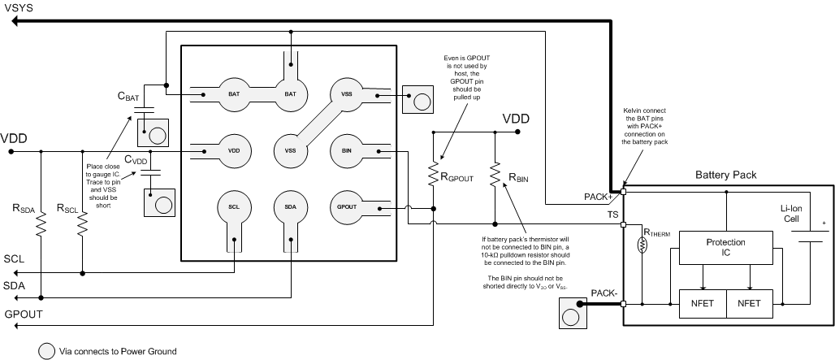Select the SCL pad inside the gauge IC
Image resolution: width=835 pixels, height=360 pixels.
point(233,207)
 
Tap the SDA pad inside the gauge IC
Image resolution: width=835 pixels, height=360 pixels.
point(290,207)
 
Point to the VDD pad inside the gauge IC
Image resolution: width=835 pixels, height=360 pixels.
point(233,150)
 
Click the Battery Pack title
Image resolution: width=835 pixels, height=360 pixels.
point(728,175)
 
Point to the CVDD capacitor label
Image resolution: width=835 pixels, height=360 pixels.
point(136,161)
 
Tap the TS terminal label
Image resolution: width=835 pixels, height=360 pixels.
point(613,214)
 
